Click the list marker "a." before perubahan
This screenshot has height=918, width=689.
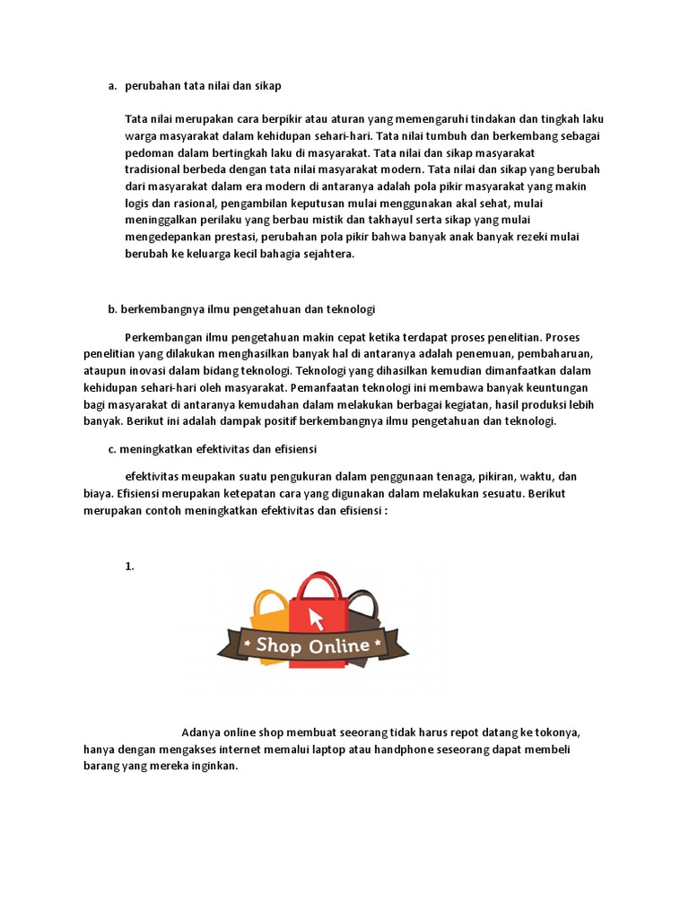(112, 86)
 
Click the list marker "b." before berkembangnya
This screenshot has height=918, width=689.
(113, 309)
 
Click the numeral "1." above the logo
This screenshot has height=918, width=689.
(129, 566)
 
